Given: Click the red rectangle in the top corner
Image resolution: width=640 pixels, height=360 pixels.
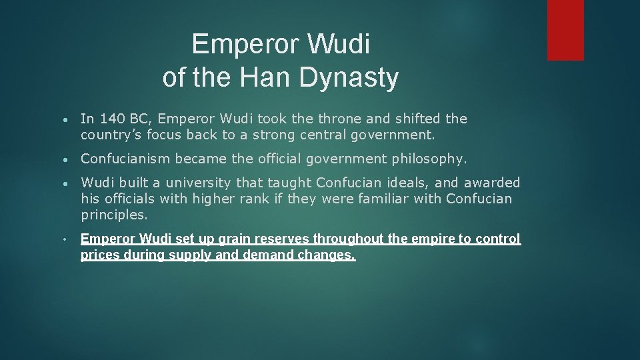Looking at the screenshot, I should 565,30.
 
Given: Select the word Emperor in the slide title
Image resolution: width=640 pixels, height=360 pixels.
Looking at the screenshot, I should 244,45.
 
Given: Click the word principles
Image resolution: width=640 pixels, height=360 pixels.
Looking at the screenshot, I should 113,215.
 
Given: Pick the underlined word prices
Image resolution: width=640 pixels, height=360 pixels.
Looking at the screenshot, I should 100,255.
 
